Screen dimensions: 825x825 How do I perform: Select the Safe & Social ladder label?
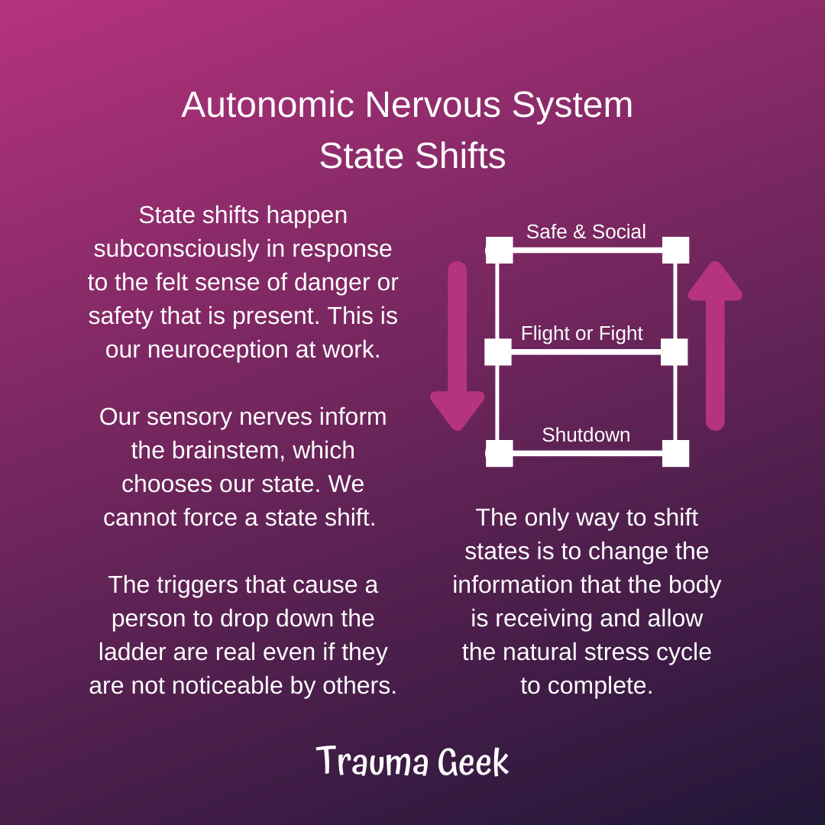[586, 231]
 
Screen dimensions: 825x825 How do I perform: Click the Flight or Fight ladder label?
[581, 334]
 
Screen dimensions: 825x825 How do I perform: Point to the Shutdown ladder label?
[586, 435]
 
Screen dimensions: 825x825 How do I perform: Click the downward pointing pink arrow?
[458, 346]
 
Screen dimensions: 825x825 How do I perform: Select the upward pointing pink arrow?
[715, 346]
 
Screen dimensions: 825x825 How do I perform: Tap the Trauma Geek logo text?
[412, 761]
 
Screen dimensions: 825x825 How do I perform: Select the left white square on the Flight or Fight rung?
[498, 352]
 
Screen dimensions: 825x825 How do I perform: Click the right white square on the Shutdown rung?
[675, 454]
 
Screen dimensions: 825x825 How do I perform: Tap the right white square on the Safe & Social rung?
[675, 250]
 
